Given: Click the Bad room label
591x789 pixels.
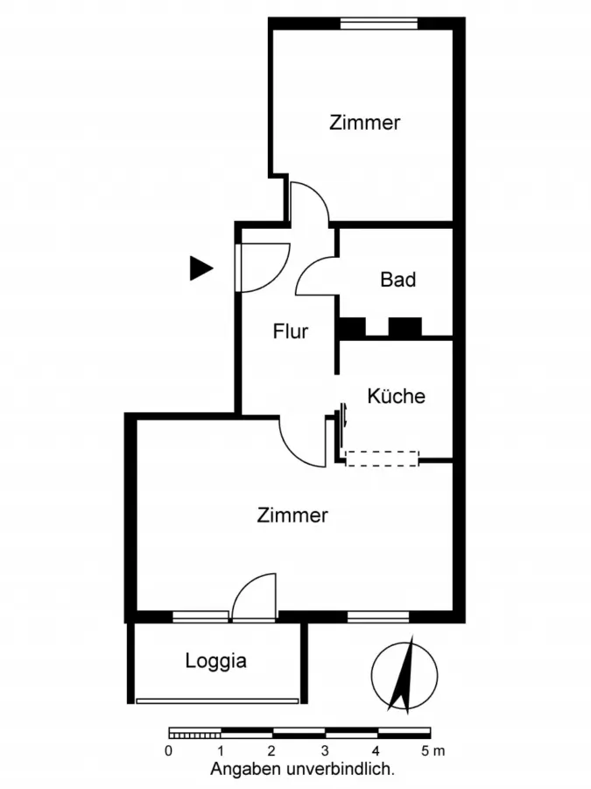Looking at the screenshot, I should point(398,281).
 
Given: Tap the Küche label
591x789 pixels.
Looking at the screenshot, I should point(396,396).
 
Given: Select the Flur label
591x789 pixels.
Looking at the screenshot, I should point(290,332).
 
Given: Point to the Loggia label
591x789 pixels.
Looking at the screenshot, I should point(215,661).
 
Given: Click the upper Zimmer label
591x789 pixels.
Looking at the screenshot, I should point(364,123).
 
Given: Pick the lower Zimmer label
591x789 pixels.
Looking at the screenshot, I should point(292,515).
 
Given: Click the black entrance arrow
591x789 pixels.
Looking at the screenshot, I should point(201,268).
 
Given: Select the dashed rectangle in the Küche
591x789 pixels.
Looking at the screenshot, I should point(383,458).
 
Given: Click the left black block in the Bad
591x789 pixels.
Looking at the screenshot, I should point(352,327).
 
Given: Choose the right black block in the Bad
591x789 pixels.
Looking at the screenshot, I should point(405,327).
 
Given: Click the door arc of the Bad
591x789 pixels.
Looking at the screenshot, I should point(315,276).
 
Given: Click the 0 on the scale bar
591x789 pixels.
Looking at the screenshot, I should point(168,751).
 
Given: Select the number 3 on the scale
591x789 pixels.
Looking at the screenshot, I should point(324,751).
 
